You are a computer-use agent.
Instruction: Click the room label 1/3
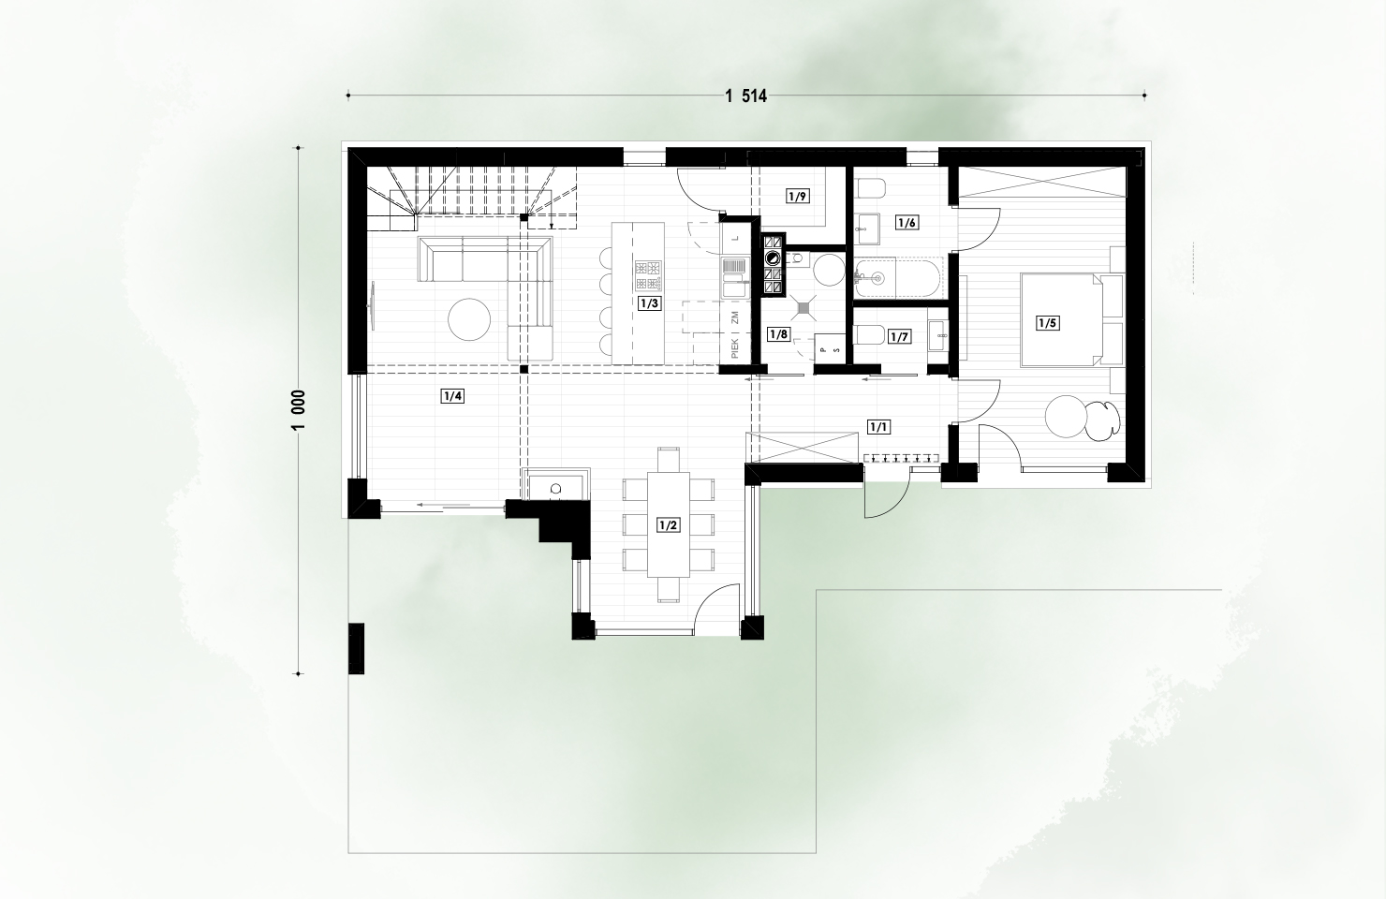[650, 303]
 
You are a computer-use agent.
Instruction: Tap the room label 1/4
[452, 396]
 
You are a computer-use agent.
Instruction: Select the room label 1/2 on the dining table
[669, 526]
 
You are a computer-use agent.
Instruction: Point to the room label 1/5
[1048, 323]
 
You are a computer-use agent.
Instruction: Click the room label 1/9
[798, 197]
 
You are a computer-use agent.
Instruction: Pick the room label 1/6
[907, 223]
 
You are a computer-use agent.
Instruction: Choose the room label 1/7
[899, 337]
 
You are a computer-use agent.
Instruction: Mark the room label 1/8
[778, 334]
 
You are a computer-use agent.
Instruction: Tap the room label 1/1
[878, 427]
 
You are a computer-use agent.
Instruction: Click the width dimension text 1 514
[745, 96]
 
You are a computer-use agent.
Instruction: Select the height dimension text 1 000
[298, 410]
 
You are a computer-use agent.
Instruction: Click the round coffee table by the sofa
[469, 319]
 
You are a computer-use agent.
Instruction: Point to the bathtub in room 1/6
[898, 278]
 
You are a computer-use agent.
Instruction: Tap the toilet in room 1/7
[869, 335]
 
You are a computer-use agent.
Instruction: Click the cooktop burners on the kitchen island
[648, 276]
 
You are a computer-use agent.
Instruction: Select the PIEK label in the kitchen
[735, 348]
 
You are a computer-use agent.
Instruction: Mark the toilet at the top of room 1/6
[870, 187]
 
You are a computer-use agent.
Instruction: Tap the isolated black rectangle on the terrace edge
[357, 648]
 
